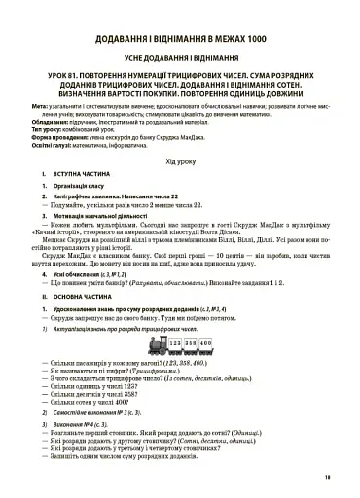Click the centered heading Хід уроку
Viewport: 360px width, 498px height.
pyautogui.click(x=179, y=189)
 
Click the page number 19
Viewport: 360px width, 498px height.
pyautogui.click(x=328, y=479)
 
